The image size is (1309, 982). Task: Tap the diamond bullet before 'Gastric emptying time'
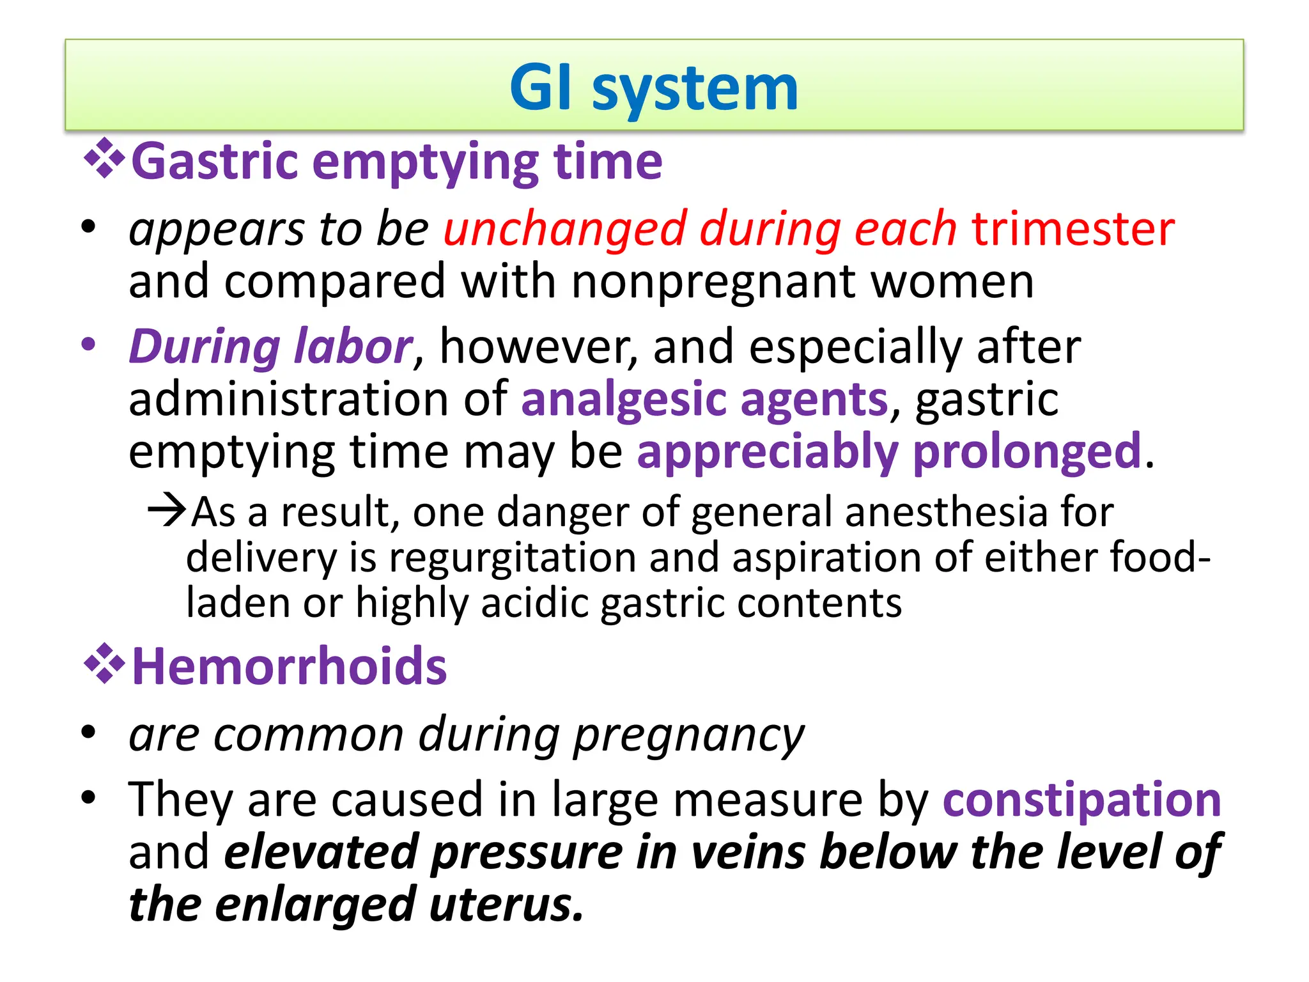coord(104,159)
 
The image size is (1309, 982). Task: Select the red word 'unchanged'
coord(565,229)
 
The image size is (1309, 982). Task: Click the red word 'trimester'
coord(1073,229)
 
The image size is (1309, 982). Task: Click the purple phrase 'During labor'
coord(270,347)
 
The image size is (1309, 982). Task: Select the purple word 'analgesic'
coord(624,400)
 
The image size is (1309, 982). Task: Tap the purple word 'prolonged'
coord(1026,452)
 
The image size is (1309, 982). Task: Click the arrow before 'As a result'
coord(167,511)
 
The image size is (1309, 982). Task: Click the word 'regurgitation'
coord(512,558)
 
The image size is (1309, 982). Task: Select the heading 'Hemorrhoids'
coord(289,667)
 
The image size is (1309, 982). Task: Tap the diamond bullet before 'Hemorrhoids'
coord(104,666)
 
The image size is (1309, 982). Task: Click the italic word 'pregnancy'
coord(688,736)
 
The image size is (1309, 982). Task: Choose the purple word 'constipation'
coord(1081,800)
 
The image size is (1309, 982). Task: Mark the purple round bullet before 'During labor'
coord(88,345)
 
